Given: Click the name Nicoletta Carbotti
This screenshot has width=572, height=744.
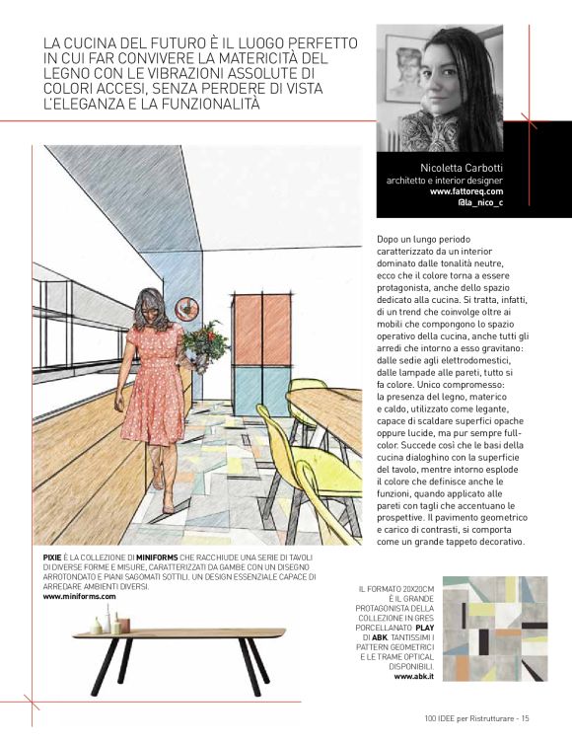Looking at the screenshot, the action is coord(462,168).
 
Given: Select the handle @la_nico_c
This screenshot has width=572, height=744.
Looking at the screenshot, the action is coord(480,203).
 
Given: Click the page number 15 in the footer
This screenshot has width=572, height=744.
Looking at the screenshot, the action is coord(527,718).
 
